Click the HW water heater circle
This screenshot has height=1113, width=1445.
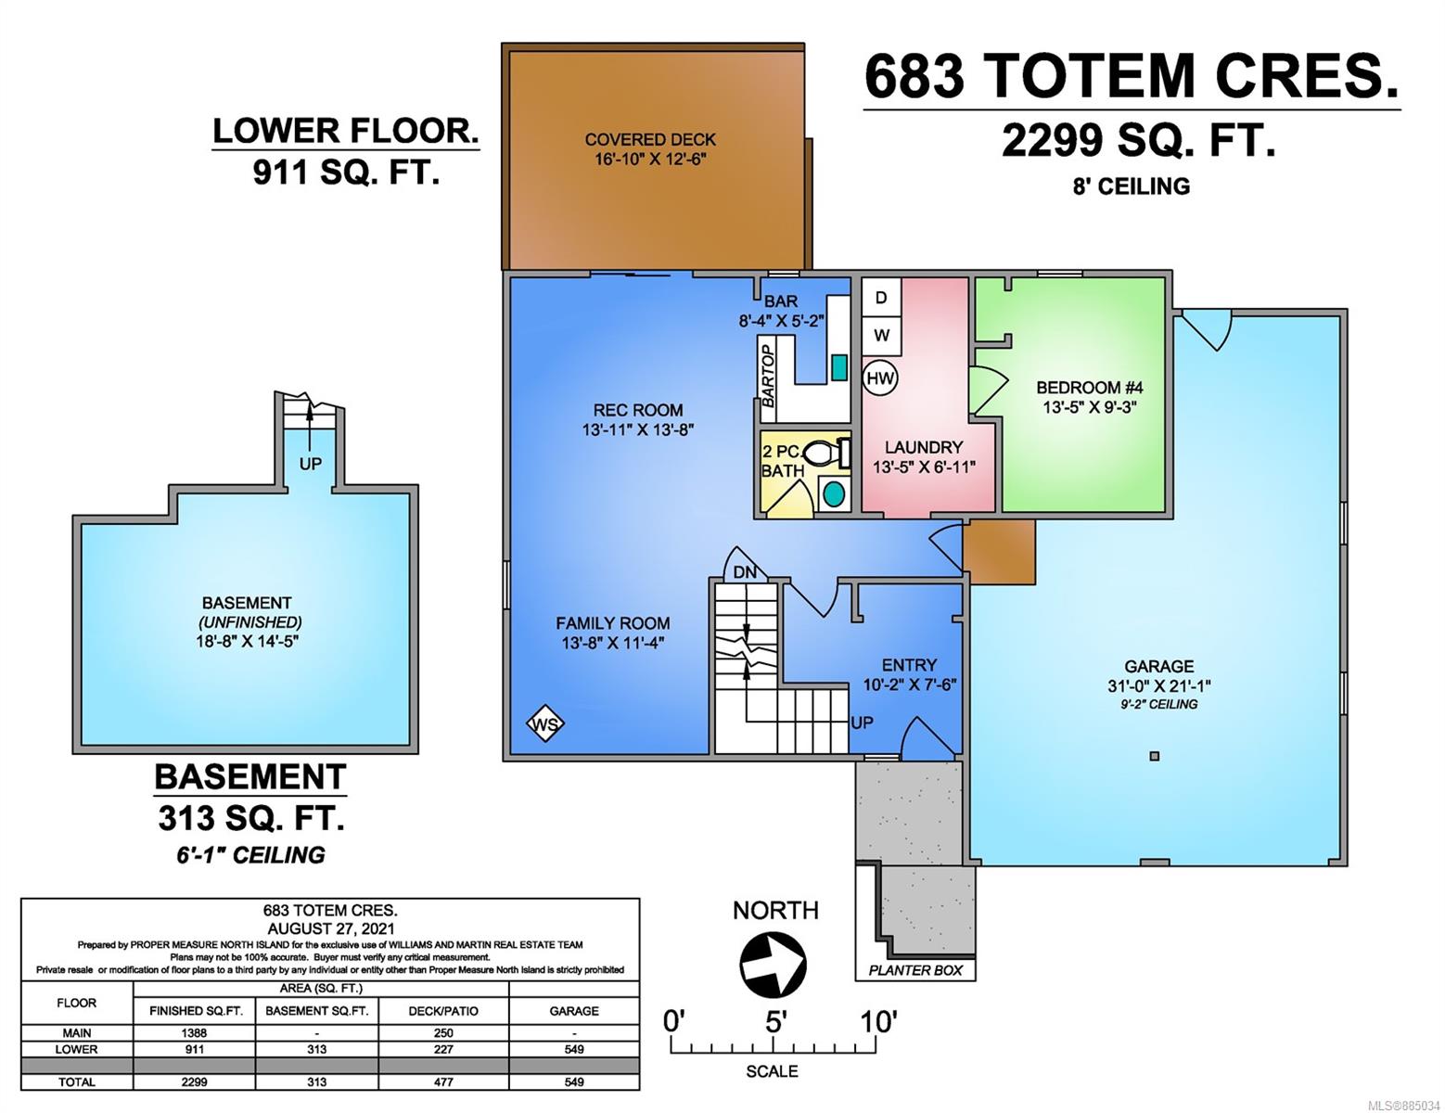point(880,378)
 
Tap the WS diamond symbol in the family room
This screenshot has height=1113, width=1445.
point(545,724)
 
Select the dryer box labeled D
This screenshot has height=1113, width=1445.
point(881,298)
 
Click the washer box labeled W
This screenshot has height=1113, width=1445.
point(881,336)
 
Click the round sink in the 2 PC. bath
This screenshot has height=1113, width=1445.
point(834,494)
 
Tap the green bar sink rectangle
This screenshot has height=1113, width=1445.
point(839,367)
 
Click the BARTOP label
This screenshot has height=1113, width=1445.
point(768,377)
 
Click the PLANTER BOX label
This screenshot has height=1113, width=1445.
point(915,970)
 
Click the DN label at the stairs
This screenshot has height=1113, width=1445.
point(745,571)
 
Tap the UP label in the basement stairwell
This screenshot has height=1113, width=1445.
point(310,464)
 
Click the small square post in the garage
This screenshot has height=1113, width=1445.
point(1155,756)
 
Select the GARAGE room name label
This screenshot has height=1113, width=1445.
point(1158,666)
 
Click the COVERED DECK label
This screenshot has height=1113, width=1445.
point(650,140)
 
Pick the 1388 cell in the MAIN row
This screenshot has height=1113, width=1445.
point(194,1032)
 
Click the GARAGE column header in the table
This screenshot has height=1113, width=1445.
point(574,1011)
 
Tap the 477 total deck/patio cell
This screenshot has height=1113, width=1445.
point(443,1081)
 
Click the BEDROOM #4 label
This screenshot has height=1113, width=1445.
point(1089,387)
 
